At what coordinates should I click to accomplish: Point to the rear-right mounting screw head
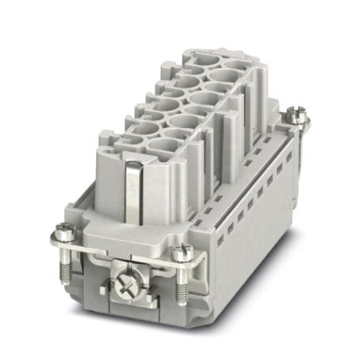click(300, 117)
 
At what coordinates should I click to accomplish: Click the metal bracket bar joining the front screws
click(120, 254)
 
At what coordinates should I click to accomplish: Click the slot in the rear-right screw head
click(300, 117)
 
